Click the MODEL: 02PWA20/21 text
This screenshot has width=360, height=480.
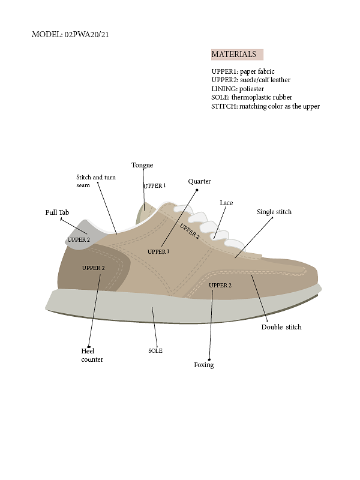click(x=70, y=34)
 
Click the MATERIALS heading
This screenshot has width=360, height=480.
click(x=233, y=54)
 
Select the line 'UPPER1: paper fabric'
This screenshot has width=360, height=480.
click(x=243, y=71)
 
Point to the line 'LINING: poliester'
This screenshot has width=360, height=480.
click(x=238, y=89)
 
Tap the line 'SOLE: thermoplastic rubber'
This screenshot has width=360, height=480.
click(x=251, y=97)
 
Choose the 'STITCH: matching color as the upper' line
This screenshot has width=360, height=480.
click(x=265, y=106)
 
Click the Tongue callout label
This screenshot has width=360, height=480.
click(x=142, y=165)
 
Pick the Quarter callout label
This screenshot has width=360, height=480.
click(x=199, y=181)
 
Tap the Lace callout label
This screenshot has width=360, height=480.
click(x=226, y=203)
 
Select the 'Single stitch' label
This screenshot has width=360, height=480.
click(x=274, y=212)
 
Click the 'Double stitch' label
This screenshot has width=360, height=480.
click(x=281, y=327)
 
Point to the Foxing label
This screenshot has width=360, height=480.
click(x=204, y=365)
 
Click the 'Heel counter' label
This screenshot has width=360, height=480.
click(x=92, y=355)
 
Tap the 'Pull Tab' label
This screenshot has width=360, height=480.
click(x=57, y=212)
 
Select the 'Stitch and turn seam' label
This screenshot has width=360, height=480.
click(x=96, y=181)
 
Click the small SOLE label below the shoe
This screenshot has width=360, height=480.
click(x=155, y=351)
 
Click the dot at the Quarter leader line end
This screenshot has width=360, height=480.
click(x=197, y=190)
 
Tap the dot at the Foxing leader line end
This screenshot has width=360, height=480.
click(x=209, y=359)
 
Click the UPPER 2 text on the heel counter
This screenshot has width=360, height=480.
click(x=94, y=268)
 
